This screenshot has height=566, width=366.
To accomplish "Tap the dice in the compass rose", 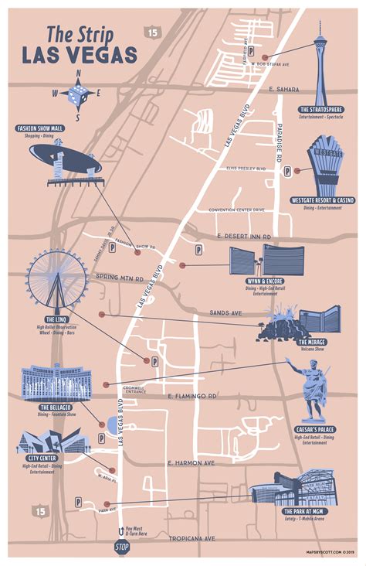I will (x=78, y=96).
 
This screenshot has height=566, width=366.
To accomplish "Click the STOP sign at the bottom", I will (x=122, y=547).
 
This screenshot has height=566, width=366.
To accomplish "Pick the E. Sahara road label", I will (x=284, y=90).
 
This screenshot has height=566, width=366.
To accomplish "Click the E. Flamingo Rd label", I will (x=191, y=396).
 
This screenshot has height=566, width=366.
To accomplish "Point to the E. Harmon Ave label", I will (x=191, y=462).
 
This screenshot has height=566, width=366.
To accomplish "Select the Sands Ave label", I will (x=225, y=313).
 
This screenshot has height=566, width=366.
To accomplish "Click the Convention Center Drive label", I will (x=241, y=210).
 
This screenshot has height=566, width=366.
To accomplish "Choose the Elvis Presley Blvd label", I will (x=246, y=168).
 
